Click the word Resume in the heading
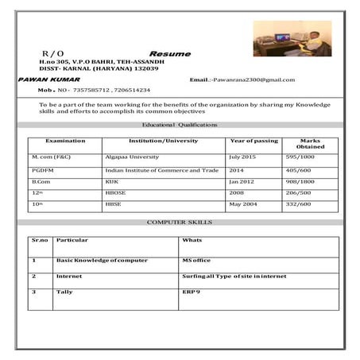click(170, 53)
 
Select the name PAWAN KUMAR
click(45, 80)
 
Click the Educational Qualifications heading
click(179, 125)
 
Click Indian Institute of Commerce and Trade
click(161, 170)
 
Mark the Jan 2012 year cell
click(242, 182)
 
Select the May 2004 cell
click(243, 205)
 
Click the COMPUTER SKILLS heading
click(180, 223)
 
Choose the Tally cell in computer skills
click(64, 292)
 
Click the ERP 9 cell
click(192, 292)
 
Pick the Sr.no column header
click(40, 240)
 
